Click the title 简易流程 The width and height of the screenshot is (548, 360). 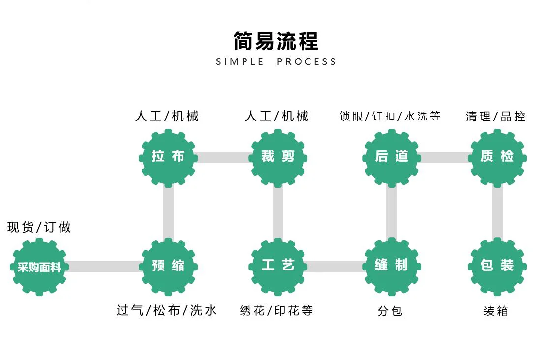[275, 41]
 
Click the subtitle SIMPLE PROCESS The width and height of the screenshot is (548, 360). [276, 62]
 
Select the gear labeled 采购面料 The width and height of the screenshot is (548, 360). [39, 267]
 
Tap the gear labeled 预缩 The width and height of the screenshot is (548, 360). [168, 266]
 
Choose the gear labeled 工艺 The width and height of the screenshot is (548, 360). [278, 266]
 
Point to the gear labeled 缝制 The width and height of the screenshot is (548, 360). [392, 266]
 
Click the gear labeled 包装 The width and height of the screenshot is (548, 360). [497, 266]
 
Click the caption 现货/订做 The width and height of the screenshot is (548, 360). [39, 227]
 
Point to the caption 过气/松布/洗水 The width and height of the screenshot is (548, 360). [167, 311]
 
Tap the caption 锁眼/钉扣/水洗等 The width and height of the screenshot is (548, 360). [390, 117]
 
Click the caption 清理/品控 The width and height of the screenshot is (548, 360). [495, 117]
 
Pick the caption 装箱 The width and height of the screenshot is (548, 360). [495, 311]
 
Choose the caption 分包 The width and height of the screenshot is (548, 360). [390, 311]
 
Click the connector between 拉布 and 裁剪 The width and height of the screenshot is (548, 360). [223, 158]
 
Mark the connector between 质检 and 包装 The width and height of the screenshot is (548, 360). [497, 212]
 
